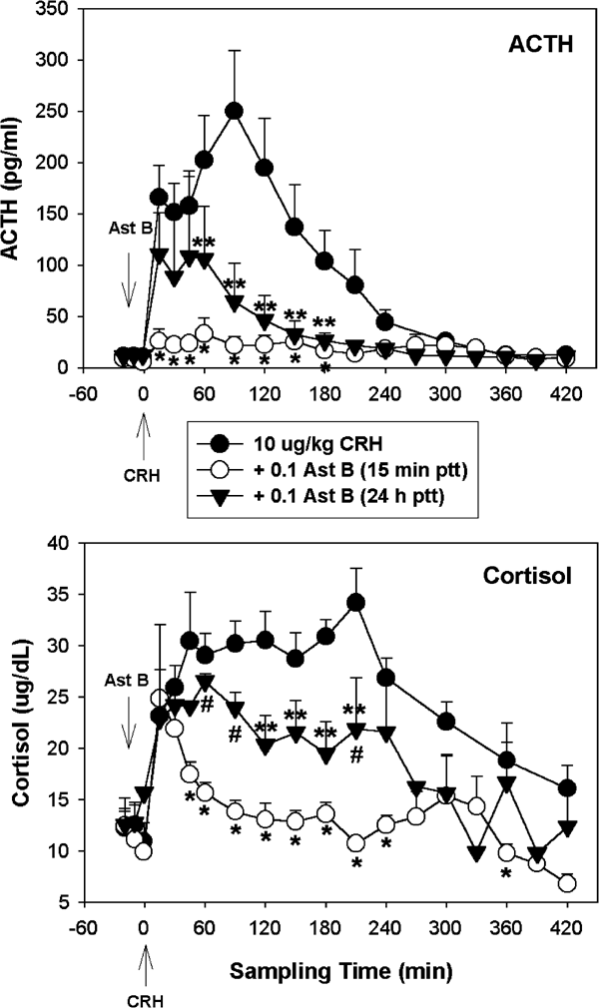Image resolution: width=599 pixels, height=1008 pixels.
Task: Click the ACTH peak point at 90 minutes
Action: click(235, 111)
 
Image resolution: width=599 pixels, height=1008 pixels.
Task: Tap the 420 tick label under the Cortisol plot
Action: click(566, 924)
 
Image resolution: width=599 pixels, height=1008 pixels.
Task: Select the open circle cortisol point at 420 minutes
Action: click(566, 883)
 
